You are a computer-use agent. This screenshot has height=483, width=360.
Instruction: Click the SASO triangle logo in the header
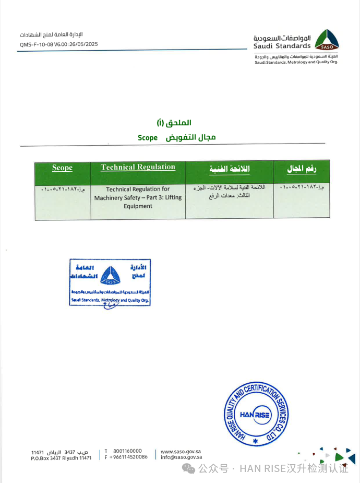click(x=328, y=42)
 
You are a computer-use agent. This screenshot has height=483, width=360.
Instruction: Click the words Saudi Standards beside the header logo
click(x=282, y=46)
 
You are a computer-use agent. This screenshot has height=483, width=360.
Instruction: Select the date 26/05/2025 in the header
click(x=84, y=44)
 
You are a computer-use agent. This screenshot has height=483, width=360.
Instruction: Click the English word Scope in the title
click(x=148, y=137)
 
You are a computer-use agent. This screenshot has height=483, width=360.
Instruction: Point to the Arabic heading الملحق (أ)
click(x=174, y=123)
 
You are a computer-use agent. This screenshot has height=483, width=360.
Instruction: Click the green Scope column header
click(x=63, y=168)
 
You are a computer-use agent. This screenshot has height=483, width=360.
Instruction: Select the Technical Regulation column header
click(x=138, y=167)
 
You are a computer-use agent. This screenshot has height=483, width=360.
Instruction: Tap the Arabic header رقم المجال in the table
click(x=302, y=169)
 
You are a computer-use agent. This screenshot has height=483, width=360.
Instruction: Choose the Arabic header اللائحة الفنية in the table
click(x=230, y=169)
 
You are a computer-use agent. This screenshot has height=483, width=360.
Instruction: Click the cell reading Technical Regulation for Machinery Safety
click(x=138, y=197)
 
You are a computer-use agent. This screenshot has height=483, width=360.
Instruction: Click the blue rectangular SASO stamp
click(x=110, y=282)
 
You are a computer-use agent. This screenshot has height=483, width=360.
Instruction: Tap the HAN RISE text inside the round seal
click(x=255, y=415)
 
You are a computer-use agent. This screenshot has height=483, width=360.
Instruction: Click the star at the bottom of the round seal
click(x=255, y=441)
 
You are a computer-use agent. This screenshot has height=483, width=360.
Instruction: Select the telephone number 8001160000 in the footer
click(x=127, y=451)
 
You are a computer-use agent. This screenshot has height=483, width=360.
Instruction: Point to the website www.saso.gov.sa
click(x=181, y=451)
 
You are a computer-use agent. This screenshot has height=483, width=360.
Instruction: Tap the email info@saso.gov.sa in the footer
click(x=181, y=457)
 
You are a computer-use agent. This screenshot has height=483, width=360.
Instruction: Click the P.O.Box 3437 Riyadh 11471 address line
click(x=61, y=457)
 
